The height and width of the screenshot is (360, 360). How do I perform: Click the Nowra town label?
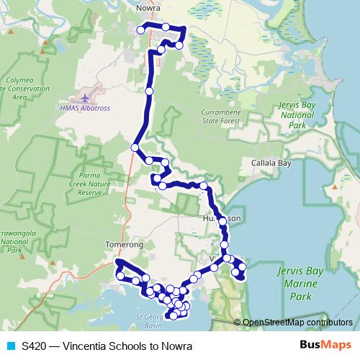click(x=147, y=9)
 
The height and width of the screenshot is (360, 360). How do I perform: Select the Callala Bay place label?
click(x=271, y=163)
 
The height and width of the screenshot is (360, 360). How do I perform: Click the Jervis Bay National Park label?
click(x=297, y=114)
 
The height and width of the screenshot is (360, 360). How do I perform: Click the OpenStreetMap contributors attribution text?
click(x=297, y=323)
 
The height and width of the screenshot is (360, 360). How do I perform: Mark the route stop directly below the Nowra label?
click(x=141, y=30)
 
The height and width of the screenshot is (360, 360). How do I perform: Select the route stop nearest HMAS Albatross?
click(x=149, y=91)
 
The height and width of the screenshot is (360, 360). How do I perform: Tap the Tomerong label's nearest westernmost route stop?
click(x=120, y=275)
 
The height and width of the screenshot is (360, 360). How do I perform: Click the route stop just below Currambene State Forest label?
click(x=165, y=162)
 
